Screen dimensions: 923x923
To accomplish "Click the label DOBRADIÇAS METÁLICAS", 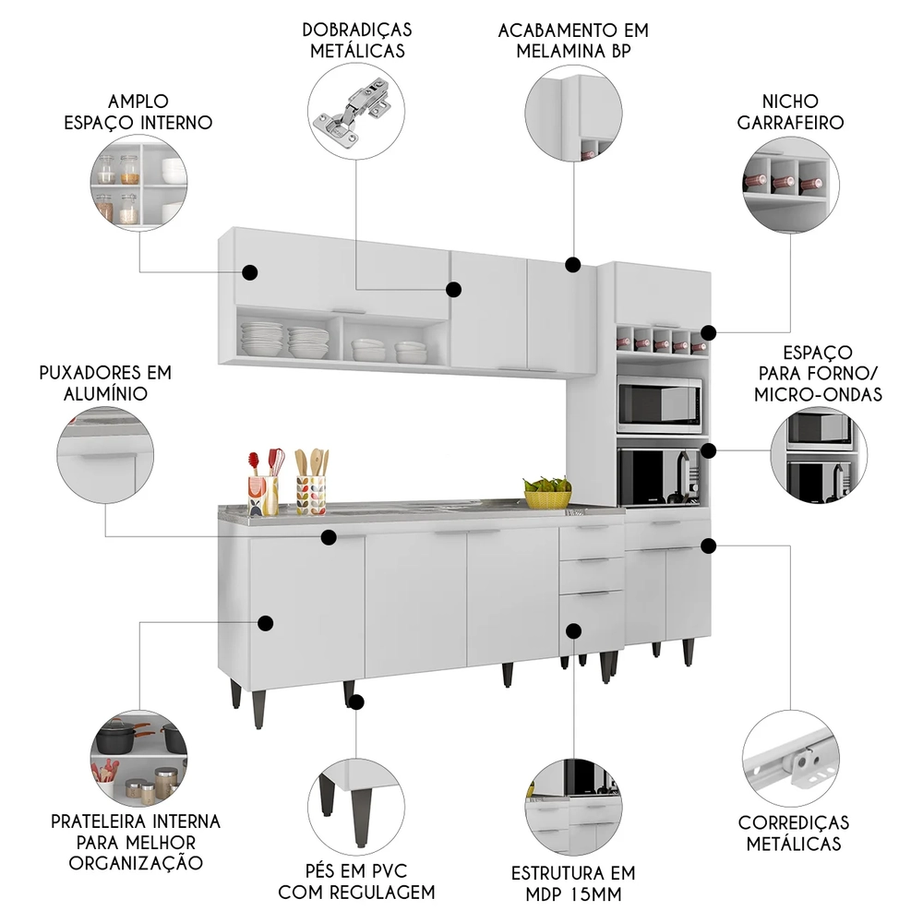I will [356, 40].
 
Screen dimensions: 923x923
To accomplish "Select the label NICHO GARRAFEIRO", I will [802, 111].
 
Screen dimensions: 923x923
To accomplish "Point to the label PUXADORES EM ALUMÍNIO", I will [104, 383].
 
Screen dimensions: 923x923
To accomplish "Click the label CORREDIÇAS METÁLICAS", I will [794, 833].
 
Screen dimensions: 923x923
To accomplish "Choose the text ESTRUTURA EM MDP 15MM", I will [572, 883].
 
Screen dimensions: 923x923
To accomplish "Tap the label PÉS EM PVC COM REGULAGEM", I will [356, 881].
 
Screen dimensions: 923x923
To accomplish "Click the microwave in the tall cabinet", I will [659, 403].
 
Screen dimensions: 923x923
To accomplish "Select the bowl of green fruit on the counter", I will [546, 492].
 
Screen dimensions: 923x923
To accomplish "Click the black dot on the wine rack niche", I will [708, 332].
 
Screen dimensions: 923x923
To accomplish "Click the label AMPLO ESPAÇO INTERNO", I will [137, 112].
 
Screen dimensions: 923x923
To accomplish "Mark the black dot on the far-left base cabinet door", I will [266, 623].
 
